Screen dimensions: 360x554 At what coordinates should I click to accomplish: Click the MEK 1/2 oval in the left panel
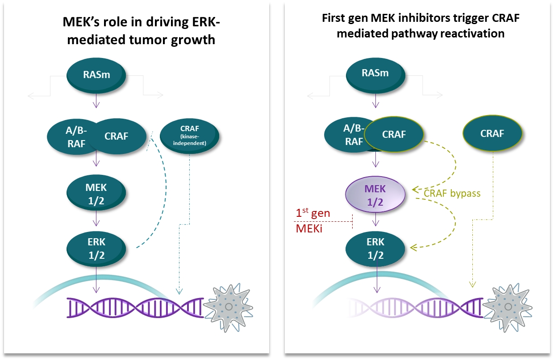96,192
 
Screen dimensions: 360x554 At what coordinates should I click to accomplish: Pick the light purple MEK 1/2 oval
376,196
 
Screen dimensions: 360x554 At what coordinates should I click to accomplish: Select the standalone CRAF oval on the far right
492,133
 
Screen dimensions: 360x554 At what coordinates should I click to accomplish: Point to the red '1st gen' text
313,213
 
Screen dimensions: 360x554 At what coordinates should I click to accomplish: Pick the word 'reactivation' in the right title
473,34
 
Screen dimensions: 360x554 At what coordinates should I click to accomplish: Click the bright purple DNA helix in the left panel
134,308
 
